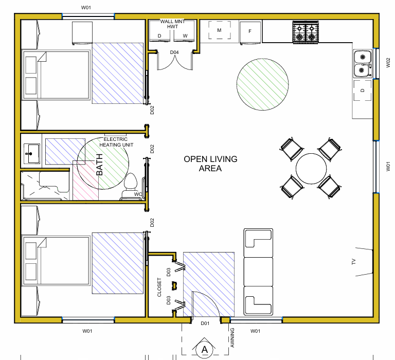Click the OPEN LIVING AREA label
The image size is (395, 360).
(x=210, y=164)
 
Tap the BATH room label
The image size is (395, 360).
(x=99, y=165)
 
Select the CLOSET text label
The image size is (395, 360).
(x=159, y=287)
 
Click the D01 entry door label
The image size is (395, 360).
(x=205, y=323)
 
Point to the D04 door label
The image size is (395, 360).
(x=174, y=52)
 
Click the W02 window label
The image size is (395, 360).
(x=388, y=62)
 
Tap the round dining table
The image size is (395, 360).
(x=311, y=169)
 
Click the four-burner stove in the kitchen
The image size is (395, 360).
(x=306, y=32)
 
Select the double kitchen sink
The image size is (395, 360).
(x=363, y=63)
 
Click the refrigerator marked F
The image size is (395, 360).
(x=250, y=33)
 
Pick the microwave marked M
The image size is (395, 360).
(x=220, y=30)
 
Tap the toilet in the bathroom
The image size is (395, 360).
(x=130, y=186)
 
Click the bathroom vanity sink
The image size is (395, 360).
(x=32, y=153)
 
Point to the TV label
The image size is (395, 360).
(x=353, y=262)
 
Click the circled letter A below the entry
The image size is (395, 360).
(x=205, y=349)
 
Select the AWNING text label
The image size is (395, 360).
(x=232, y=337)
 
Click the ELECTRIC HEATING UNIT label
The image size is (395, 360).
(x=116, y=142)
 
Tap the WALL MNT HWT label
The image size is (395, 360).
(x=173, y=24)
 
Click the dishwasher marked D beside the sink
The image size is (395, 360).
(x=363, y=90)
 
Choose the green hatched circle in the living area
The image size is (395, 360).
(x=263, y=84)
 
